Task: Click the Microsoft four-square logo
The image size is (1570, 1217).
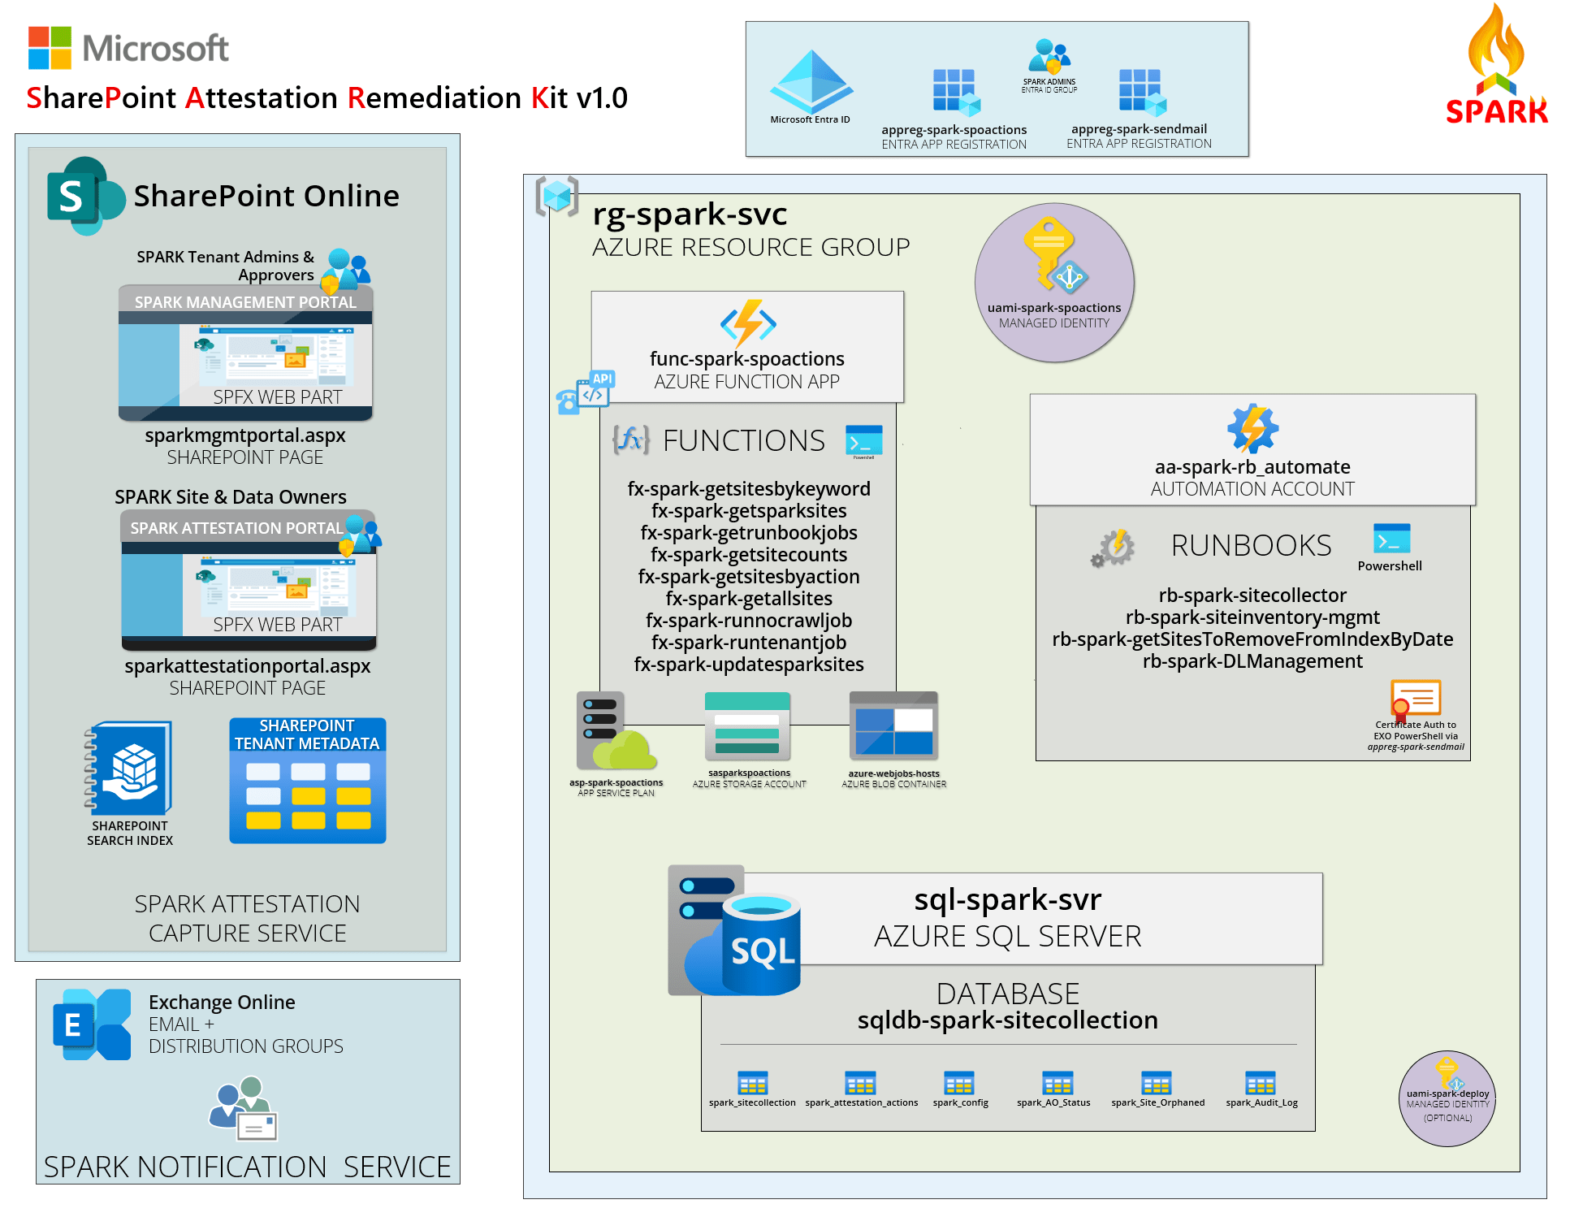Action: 50,48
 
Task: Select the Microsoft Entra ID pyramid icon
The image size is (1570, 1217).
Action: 811,81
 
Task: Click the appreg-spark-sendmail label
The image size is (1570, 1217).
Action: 1139,129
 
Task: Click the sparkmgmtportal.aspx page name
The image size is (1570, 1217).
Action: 245,435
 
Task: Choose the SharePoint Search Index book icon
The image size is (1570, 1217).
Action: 130,769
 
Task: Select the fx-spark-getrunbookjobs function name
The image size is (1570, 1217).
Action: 749,533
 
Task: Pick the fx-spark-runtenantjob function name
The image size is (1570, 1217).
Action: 749,643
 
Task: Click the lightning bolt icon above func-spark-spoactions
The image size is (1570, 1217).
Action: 748,323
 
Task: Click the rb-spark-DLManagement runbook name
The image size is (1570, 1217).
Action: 1252,661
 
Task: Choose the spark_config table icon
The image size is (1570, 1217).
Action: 959,1083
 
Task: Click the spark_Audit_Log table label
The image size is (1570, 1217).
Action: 1261,1102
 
